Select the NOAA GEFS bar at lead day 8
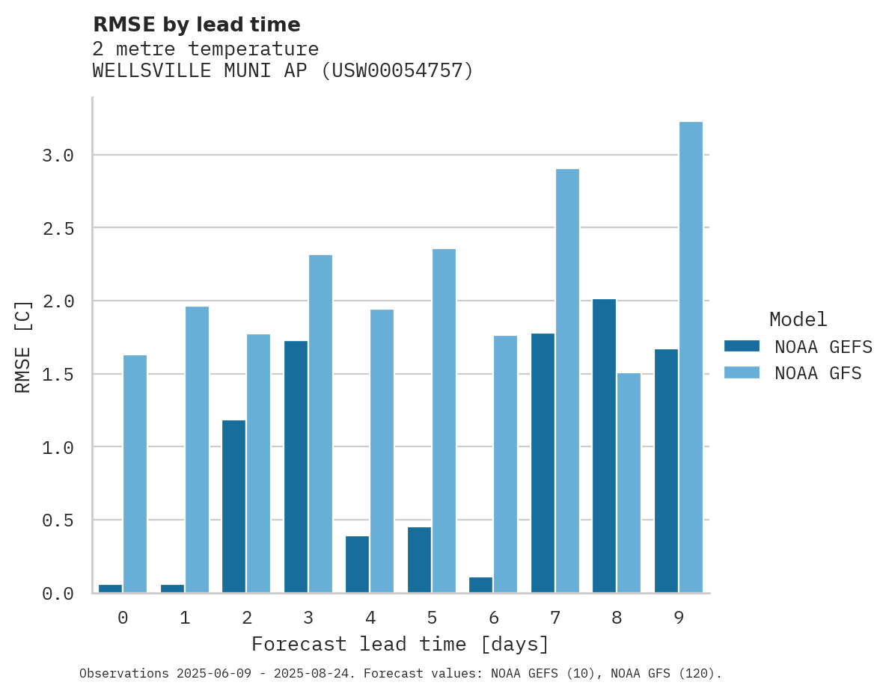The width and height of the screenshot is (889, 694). tap(604, 446)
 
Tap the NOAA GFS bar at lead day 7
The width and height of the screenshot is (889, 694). tap(567, 381)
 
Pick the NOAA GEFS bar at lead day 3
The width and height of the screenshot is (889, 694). tap(296, 467)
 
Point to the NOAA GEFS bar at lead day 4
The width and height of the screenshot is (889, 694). tap(357, 565)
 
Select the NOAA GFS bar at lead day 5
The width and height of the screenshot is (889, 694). tap(444, 421)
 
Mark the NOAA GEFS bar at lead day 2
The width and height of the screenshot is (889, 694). tap(233, 506)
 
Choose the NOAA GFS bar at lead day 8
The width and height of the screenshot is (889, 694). tap(629, 483)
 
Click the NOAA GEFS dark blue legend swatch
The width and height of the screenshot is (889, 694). tap(742, 346)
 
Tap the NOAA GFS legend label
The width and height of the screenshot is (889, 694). tap(818, 373)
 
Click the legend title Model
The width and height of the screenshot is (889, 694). tap(798, 320)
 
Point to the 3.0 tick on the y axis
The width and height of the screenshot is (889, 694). tap(58, 156)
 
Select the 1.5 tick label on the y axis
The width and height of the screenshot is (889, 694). tap(58, 374)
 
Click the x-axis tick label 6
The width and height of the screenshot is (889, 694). tap(493, 618)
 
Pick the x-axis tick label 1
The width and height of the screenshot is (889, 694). tap(185, 618)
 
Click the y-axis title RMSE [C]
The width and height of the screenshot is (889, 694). tap(23, 346)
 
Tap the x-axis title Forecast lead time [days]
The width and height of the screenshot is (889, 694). tap(400, 645)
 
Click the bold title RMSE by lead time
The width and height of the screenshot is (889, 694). tap(196, 25)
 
